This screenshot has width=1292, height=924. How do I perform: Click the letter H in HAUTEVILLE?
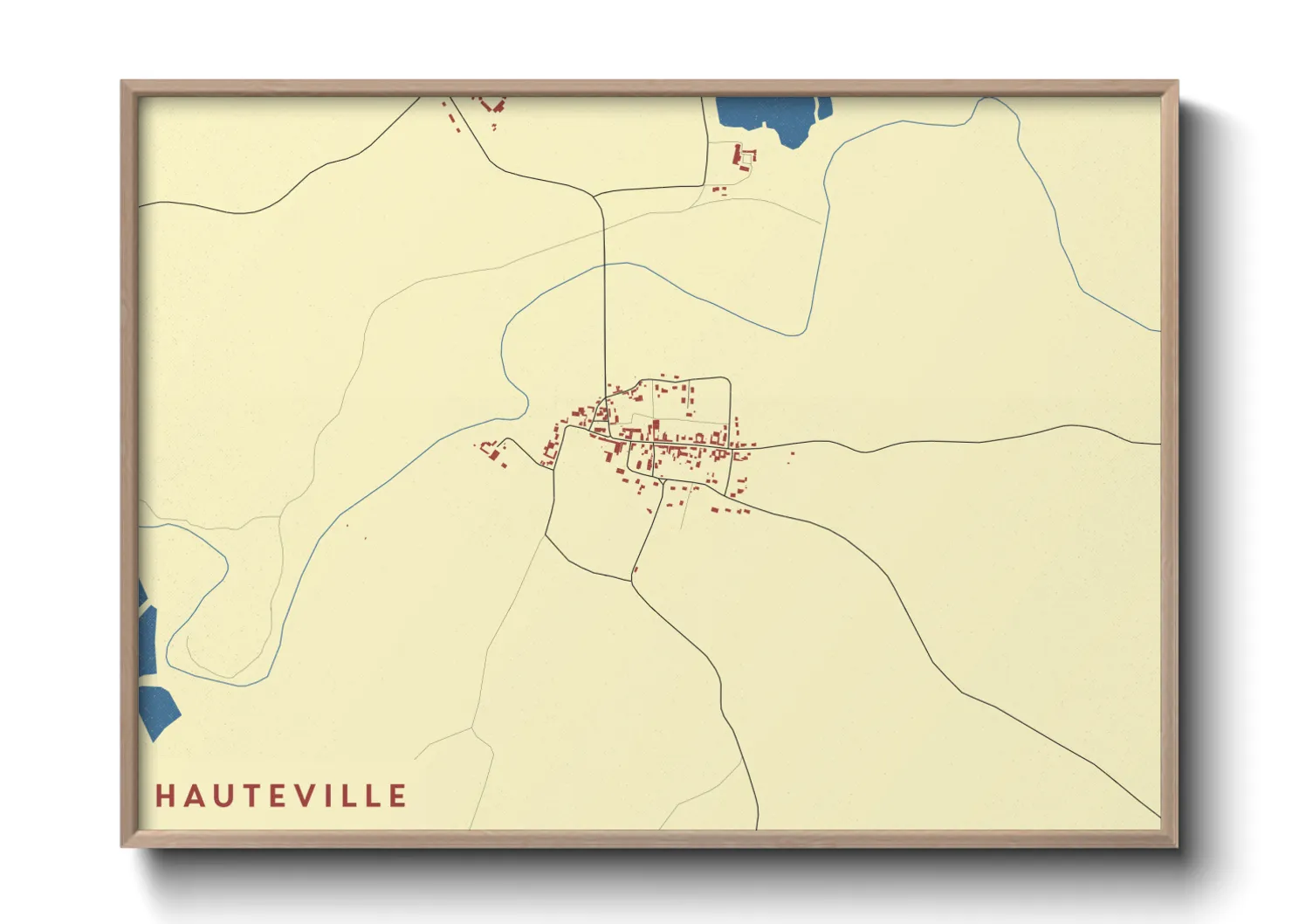click(x=164, y=796)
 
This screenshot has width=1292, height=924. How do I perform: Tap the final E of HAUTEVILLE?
click(x=398, y=796)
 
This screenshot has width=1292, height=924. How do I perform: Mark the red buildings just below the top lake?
click(x=743, y=158)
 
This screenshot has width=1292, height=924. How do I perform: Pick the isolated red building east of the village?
click(x=791, y=453)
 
